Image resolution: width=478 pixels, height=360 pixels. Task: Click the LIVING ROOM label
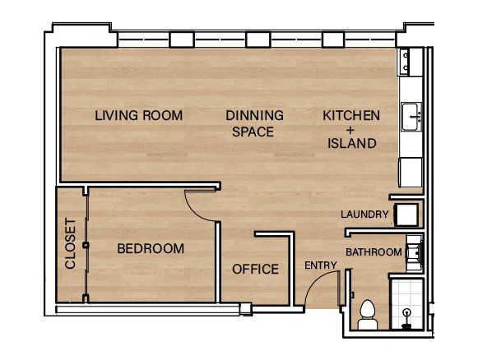coord(138,115)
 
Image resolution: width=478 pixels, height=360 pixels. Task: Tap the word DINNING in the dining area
coord(255,115)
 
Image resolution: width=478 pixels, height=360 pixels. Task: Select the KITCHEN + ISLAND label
coord(351,129)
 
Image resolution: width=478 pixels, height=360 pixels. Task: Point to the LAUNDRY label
coord(364,215)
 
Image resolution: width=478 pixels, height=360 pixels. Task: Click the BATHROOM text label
coord(374,252)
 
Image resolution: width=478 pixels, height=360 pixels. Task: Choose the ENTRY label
coord(320,265)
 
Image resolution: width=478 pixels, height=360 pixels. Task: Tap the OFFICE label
coord(255,270)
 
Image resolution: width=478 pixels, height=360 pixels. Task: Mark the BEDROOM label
coord(151,248)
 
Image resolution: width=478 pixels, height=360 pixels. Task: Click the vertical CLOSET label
coord(71,244)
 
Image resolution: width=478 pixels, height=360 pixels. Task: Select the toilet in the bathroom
coord(368,313)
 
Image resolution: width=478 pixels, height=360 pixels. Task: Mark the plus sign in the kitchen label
coord(351,130)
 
